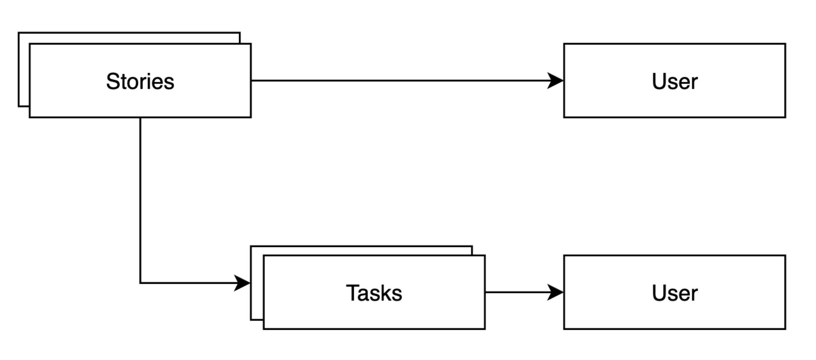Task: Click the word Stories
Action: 140,81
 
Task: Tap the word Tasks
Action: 374,293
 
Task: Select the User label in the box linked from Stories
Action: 675,81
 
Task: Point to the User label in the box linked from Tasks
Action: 675,293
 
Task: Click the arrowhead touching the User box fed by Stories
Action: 556,81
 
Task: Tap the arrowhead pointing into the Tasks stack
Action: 242,283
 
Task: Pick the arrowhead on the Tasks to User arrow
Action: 556,293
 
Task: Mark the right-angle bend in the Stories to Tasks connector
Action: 141,283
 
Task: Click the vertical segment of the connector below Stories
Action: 141,197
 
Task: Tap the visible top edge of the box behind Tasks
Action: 362,247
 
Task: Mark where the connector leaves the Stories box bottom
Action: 141,118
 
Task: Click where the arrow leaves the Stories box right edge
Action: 251,81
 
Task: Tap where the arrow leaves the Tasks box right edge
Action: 486,293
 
